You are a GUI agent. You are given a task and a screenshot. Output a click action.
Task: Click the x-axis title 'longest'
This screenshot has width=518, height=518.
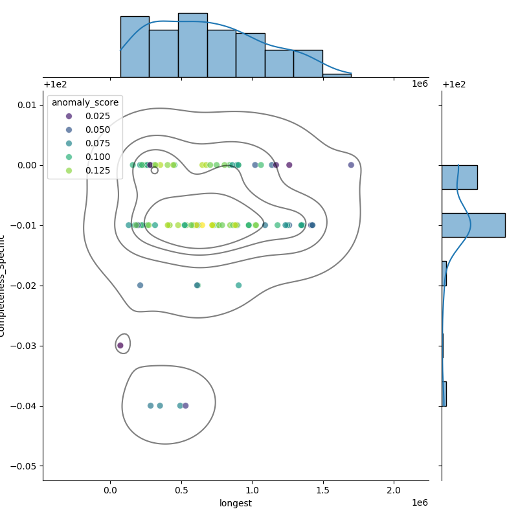coord(236,503)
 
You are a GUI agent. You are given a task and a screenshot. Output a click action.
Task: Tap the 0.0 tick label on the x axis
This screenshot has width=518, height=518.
coord(110,491)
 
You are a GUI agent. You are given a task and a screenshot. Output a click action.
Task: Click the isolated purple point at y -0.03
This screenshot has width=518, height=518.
coord(120,346)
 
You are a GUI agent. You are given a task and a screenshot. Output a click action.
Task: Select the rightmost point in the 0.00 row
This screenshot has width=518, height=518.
coord(351,165)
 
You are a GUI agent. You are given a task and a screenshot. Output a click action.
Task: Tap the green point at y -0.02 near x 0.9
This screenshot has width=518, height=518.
coord(238,286)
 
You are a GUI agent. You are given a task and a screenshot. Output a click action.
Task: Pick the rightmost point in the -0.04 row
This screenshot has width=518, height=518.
coord(185,406)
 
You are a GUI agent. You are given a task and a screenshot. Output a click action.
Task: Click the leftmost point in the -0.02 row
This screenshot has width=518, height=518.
coord(140,286)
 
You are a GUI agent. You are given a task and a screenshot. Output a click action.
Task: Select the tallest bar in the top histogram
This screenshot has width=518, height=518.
coord(193,45)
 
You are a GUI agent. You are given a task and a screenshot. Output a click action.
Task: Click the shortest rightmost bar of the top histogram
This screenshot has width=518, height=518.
coord(337,75)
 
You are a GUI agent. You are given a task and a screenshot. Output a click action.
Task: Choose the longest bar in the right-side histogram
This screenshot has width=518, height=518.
coord(473,225)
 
